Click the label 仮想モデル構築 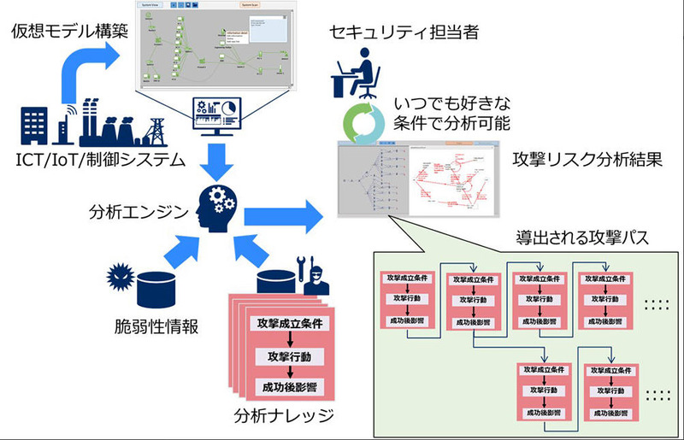63,33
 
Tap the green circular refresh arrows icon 359,122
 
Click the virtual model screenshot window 221,47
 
